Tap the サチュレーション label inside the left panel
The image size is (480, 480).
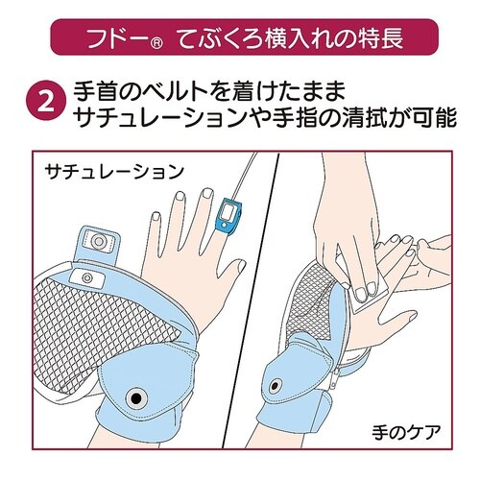click(112, 172)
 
